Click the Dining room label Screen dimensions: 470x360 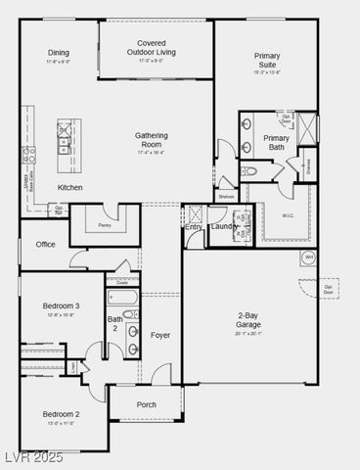pyautogui.click(x=59, y=53)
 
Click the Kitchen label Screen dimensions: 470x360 pyautogui.click(x=69, y=187)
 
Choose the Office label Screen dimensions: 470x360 pyautogui.click(x=45, y=244)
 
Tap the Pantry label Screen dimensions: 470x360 pyautogui.click(x=105, y=225)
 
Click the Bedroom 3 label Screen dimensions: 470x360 pyautogui.click(x=60, y=306)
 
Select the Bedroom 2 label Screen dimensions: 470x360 pyautogui.click(x=60, y=413)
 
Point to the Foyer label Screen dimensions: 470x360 pyautogui.click(x=160, y=335)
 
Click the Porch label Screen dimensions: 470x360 pyautogui.click(x=146, y=404)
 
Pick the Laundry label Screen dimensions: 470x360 pyautogui.click(x=224, y=227)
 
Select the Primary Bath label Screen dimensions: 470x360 pyautogui.click(x=276, y=143)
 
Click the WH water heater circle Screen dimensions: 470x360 pyautogui.click(x=308, y=258)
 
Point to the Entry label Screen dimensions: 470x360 pyautogui.click(x=193, y=227)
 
